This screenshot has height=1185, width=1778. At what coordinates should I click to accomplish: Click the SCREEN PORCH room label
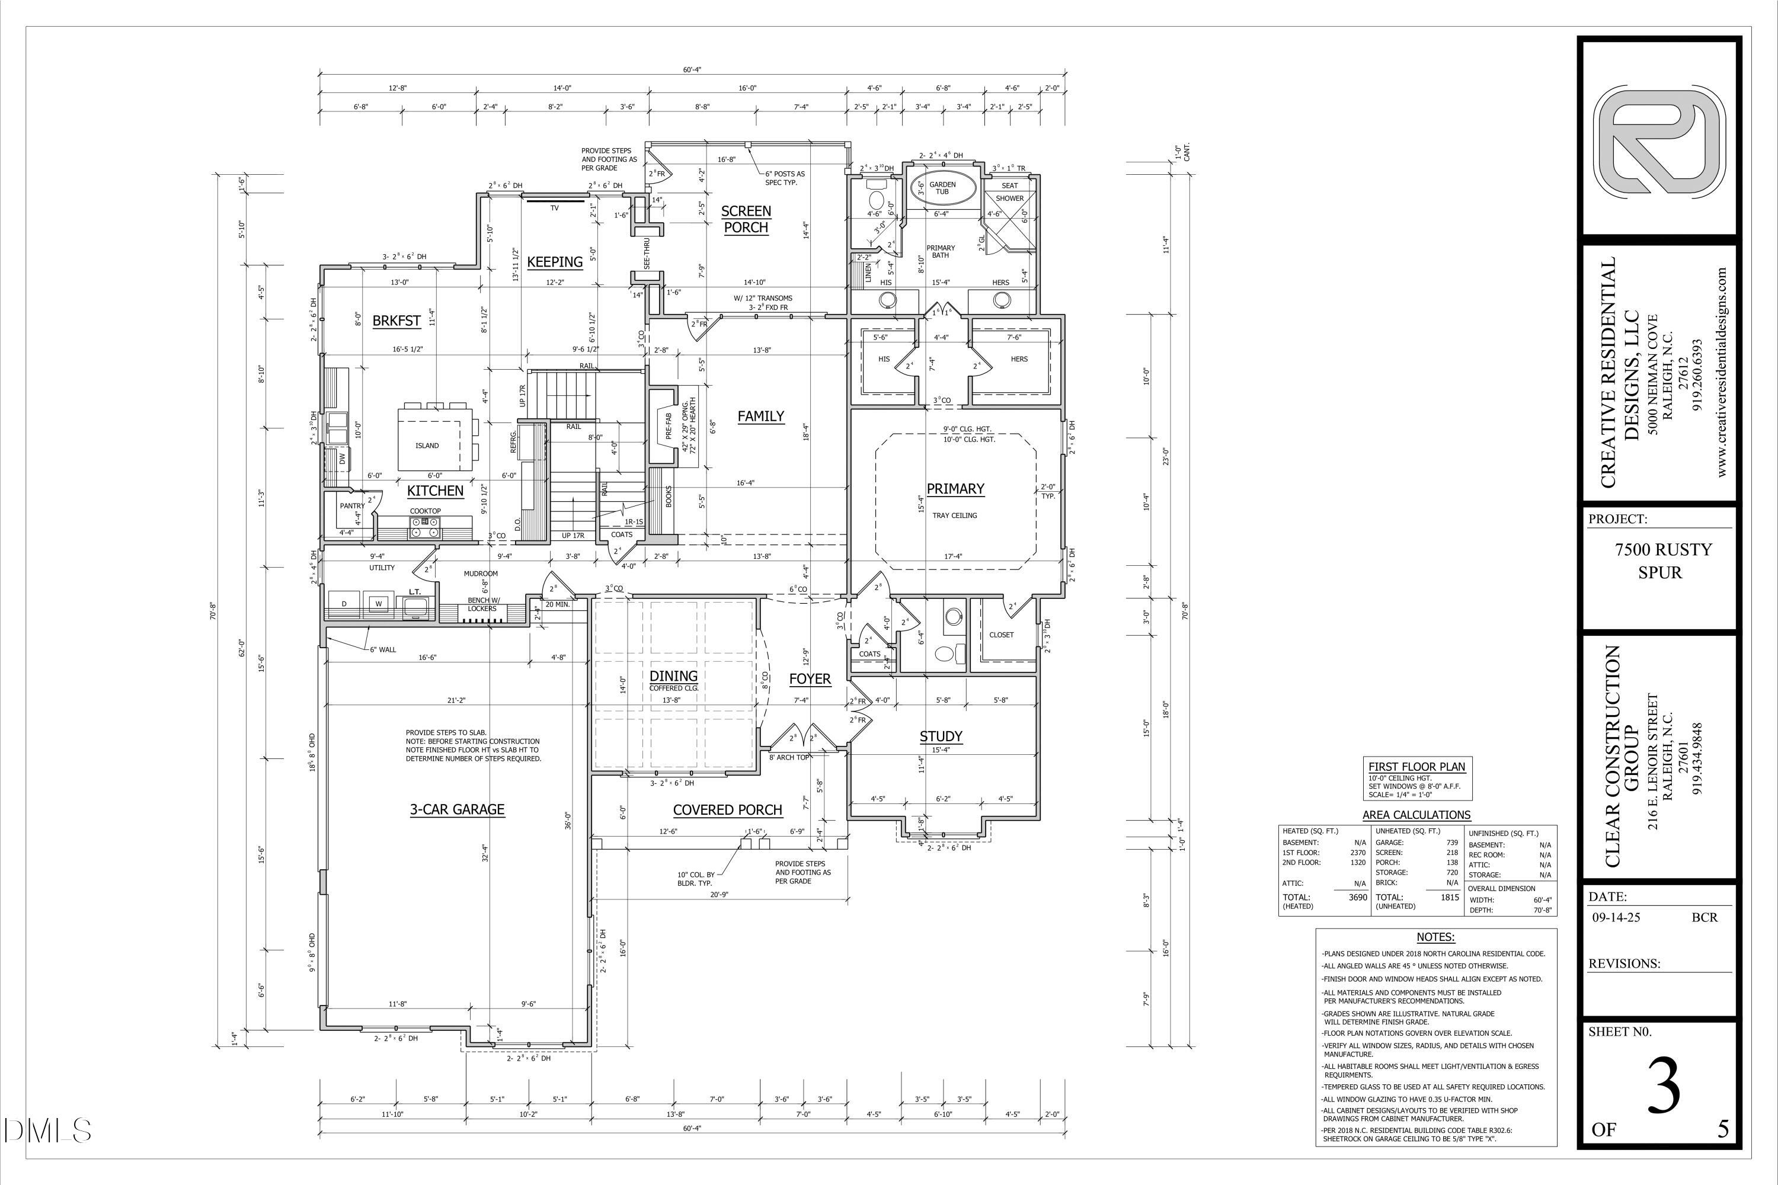(x=746, y=219)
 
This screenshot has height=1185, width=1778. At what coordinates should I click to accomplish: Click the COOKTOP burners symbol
(x=424, y=527)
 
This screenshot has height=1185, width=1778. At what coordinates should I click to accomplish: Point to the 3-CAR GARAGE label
(x=456, y=809)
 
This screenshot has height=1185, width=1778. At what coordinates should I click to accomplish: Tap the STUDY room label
(x=941, y=736)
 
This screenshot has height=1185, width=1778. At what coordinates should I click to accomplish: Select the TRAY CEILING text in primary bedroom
(x=954, y=515)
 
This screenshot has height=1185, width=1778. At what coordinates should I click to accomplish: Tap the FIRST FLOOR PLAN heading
(x=1416, y=766)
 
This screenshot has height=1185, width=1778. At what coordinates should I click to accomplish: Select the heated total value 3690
(x=1358, y=897)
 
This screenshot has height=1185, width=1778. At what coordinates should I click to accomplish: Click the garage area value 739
(x=1451, y=842)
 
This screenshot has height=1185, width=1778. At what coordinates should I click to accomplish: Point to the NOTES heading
(x=1435, y=937)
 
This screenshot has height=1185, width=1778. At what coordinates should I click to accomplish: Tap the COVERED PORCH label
(x=727, y=810)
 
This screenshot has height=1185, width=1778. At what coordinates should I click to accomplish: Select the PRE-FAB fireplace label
(x=669, y=425)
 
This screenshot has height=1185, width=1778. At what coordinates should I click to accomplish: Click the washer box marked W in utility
(x=379, y=603)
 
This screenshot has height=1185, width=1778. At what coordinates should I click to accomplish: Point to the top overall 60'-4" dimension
(x=692, y=69)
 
